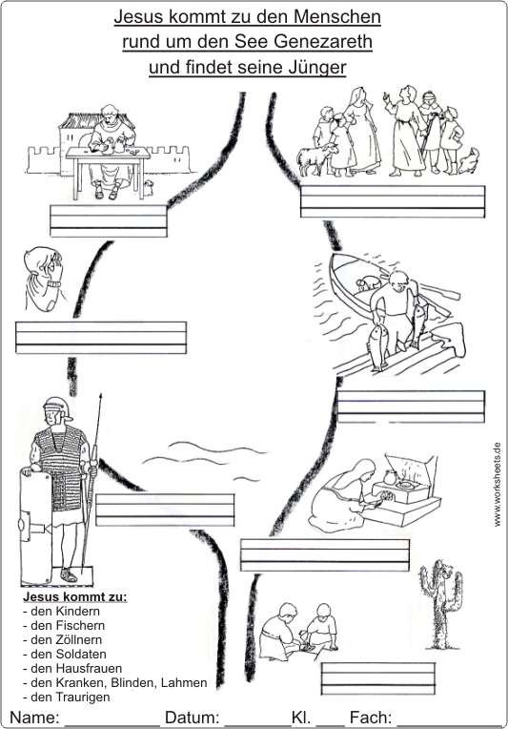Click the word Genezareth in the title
pos(323,42)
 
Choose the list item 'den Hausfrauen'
pos(72,669)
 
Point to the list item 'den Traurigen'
pos(67,697)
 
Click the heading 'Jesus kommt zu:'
pos(75,596)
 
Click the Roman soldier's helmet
pos(56,408)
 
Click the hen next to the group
pos(469,161)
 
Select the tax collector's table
pos(108,172)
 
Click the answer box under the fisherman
pos(411,406)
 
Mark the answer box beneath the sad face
pos(101,338)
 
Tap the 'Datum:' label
pos(193,717)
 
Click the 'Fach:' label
pos(371,717)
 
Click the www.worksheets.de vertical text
pos(498,484)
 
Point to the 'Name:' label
pos(35,717)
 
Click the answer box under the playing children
pos(378,678)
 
